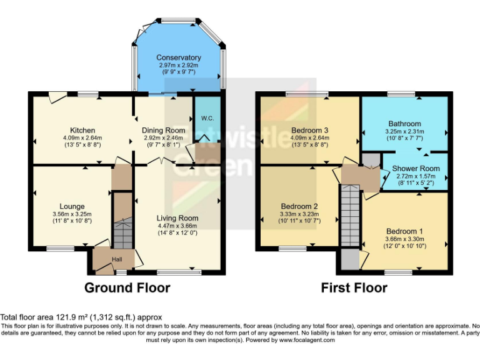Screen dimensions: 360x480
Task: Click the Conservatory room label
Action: pyautogui.click(x=179, y=57)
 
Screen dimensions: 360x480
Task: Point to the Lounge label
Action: pyautogui.click(x=72, y=206)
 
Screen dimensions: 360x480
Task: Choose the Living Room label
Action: pyautogui.click(x=177, y=218)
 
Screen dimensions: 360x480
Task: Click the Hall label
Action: pyautogui.click(x=117, y=259)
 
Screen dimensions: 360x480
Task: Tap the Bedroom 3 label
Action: pyautogui.click(x=310, y=131)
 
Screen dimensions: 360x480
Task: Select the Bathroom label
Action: pyautogui.click(x=404, y=124)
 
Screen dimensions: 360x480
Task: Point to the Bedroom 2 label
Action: pyautogui.click(x=298, y=206)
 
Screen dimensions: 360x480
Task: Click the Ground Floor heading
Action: pyautogui.click(x=127, y=288)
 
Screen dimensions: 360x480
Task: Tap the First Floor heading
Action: pyautogui.click(x=354, y=288)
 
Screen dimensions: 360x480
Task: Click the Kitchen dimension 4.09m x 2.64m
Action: pyautogui.click(x=82, y=138)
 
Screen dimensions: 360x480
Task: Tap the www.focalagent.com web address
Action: pyautogui.click(x=307, y=340)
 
